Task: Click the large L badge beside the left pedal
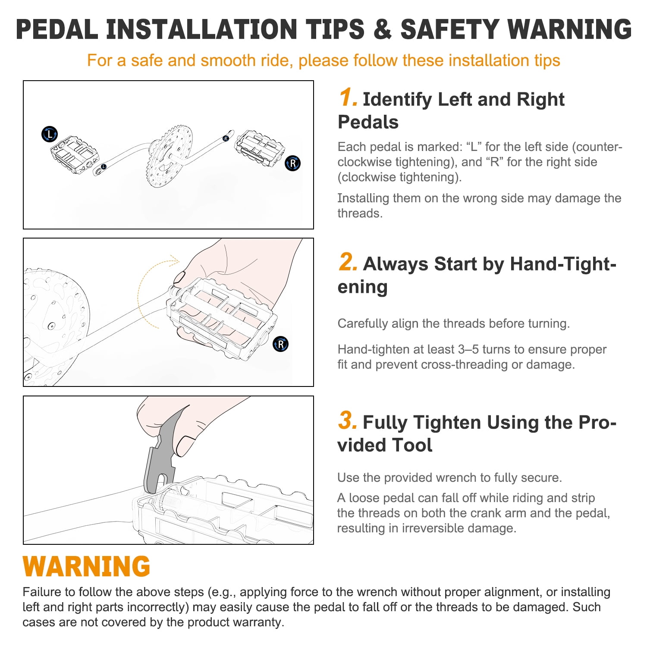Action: click(50, 134)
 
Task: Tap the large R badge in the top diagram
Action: click(293, 163)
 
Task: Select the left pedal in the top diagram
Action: click(75, 154)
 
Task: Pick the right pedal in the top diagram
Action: click(259, 148)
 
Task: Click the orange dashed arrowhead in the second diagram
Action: click(174, 261)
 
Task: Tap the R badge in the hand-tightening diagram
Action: click(281, 344)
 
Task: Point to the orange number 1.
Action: click(348, 97)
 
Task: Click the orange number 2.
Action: click(348, 262)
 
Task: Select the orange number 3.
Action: click(348, 420)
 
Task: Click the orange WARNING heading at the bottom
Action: click(86, 566)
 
